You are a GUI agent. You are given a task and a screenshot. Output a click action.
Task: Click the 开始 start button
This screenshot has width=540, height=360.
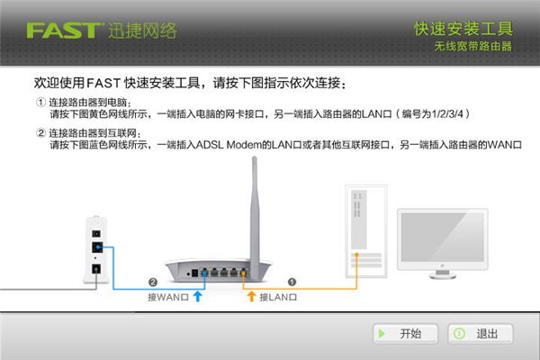405,334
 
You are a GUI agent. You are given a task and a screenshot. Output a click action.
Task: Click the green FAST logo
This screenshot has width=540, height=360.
66,31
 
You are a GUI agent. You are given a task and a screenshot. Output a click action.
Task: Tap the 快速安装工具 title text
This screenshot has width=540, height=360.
463,29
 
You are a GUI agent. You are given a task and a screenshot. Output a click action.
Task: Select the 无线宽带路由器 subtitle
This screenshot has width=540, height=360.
473,46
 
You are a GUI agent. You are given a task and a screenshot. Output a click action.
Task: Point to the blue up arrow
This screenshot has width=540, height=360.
198,296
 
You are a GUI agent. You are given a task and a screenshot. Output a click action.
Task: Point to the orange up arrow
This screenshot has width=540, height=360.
252,296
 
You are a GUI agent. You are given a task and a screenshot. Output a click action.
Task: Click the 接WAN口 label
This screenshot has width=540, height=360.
167,297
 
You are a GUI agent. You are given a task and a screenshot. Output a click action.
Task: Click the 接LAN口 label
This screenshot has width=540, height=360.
278,297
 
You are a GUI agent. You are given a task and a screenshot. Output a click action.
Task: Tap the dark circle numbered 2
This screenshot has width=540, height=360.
153,282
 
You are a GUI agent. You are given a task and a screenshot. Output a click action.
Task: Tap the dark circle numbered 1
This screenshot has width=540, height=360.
292,282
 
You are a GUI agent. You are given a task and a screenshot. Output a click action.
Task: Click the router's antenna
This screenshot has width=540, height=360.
255,213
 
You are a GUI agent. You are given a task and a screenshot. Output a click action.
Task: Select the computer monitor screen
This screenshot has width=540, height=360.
443,237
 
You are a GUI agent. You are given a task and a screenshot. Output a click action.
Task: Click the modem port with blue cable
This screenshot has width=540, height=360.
97,247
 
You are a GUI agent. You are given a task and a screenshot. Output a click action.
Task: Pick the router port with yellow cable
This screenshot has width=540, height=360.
244,273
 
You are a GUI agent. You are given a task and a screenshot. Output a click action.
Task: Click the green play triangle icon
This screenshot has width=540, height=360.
382,334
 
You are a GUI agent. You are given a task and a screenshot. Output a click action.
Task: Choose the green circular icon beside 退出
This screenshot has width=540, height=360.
459,334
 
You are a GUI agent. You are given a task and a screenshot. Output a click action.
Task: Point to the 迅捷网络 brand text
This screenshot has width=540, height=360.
142,31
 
